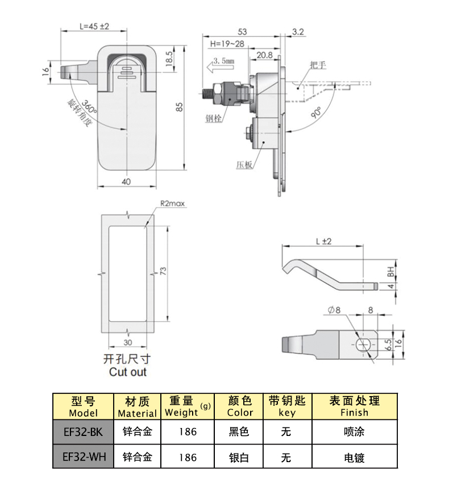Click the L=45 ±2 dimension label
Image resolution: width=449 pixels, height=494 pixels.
94,26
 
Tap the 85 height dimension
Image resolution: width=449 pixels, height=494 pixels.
179,106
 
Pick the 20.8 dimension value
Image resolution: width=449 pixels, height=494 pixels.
264,55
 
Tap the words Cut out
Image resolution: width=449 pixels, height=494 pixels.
127,372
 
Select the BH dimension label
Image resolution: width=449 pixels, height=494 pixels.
390,271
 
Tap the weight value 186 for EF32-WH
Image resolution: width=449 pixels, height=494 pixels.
187,457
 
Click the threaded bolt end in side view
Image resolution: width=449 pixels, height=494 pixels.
208,93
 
